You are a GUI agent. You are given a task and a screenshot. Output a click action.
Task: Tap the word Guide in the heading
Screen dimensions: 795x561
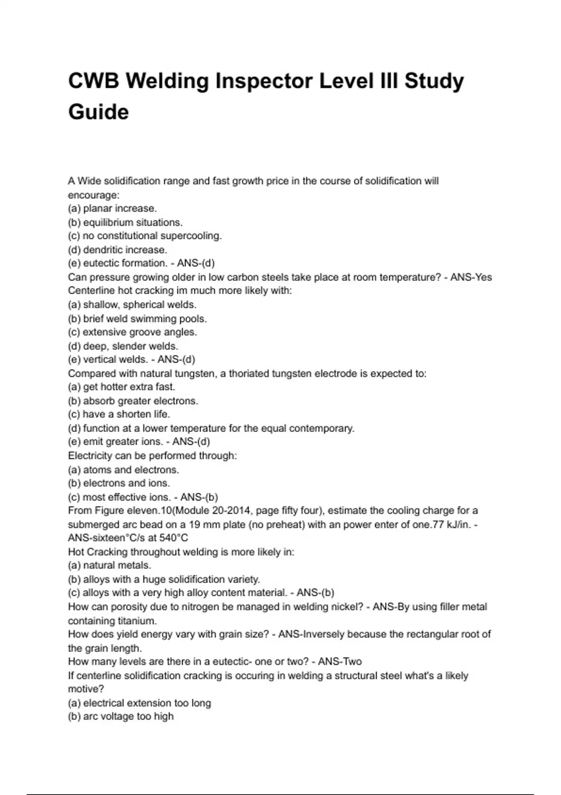tap(98, 112)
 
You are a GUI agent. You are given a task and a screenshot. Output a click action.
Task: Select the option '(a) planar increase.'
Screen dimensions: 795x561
tap(112, 209)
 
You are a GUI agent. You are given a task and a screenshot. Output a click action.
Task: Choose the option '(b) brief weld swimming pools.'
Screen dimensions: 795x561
tap(137, 319)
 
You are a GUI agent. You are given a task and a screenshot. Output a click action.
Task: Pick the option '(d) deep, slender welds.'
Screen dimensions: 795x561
tap(123, 347)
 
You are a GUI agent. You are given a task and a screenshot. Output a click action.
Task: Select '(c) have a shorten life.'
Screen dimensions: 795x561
tap(119, 414)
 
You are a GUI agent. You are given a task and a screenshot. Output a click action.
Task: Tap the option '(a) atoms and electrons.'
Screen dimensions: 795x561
tap(123, 470)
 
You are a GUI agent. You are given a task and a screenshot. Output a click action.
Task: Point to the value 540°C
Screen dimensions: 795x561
tap(173, 538)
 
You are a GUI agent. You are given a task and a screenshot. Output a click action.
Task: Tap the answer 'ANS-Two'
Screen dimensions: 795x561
tap(340, 662)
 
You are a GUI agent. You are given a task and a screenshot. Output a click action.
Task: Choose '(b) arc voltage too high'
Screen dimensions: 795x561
tap(121, 716)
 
